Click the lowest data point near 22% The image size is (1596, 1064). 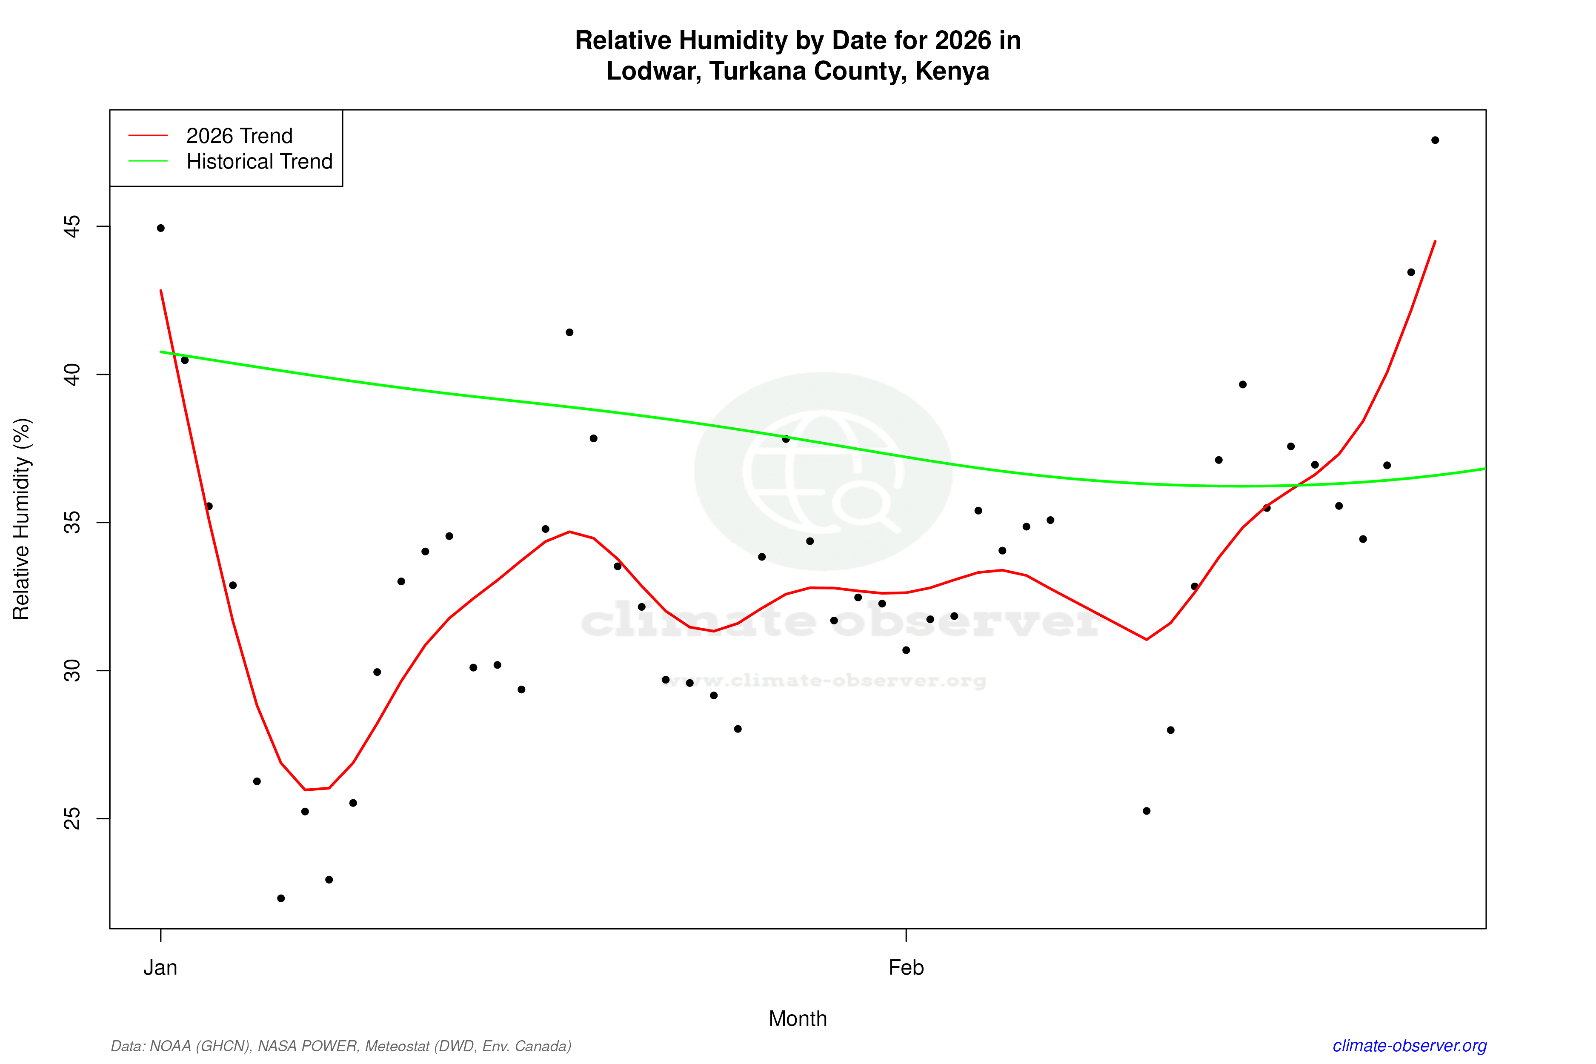281,898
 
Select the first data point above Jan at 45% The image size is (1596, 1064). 161,228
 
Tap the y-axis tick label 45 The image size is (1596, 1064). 72,226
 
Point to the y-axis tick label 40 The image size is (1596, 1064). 72,374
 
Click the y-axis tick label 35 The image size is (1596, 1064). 72,523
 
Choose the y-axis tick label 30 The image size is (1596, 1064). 72,670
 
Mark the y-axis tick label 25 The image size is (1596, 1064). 72,818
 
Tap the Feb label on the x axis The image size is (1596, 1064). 906,968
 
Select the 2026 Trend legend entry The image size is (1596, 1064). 239,136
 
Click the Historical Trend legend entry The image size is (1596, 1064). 259,161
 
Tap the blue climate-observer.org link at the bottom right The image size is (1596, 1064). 1410,1046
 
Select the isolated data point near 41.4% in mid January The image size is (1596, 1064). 569,332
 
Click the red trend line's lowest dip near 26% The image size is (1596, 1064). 306,789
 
